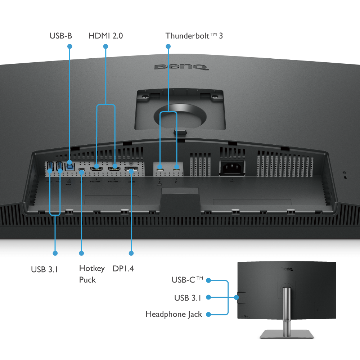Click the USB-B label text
tap(61, 36)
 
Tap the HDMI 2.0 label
tap(105, 36)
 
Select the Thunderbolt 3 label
tap(194, 36)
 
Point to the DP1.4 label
tap(123, 269)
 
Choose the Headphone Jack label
tap(174, 314)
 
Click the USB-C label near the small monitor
tap(187, 280)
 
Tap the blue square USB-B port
tap(70, 166)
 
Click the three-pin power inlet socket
tap(232, 168)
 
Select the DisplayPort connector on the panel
tap(131, 169)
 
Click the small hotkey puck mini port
tap(81, 170)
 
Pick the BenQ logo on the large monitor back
tap(181, 67)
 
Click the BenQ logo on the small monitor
tap(287, 269)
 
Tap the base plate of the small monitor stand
tap(287, 334)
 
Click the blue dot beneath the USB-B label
tap(70, 46)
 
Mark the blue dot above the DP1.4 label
tap(131, 253)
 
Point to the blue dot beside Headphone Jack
tap(208, 314)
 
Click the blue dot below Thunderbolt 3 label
tap(168, 46)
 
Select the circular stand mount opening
tap(180, 116)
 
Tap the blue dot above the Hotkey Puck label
tap(81, 253)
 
